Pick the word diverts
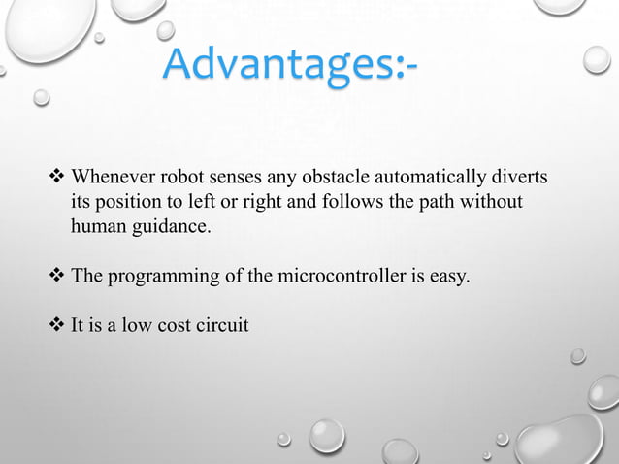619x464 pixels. [518, 179]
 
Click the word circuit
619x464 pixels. [223, 325]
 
